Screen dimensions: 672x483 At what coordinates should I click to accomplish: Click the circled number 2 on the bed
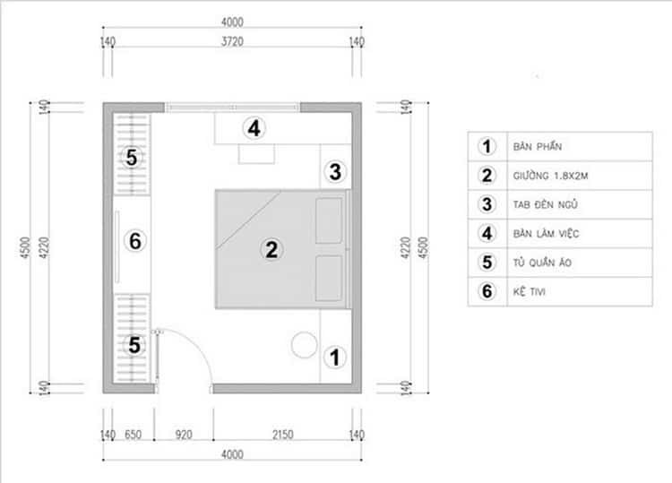[271, 250]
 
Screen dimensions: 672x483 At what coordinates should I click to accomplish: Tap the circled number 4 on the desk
[254, 128]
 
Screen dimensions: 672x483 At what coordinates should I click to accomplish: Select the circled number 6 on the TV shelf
[135, 241]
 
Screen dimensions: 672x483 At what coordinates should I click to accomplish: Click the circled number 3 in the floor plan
[335, 171]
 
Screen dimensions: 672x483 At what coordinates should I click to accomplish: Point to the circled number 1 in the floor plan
[335, 358]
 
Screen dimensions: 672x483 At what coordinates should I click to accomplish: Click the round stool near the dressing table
[305, 345]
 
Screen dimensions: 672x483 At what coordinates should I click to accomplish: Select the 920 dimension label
[184, 435]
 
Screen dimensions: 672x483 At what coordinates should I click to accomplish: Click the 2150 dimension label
[283, 435]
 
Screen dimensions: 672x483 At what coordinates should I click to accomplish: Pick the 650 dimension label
[133, 435]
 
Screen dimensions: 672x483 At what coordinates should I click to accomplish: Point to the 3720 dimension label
[232, 41]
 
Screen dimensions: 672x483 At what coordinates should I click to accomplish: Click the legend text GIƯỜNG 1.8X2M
[550, 176]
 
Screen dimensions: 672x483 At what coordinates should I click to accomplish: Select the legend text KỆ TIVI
[530, 291]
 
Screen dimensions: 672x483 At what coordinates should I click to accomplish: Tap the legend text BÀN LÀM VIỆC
[546, 234]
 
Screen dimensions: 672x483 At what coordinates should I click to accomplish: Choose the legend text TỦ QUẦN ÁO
[543, 263]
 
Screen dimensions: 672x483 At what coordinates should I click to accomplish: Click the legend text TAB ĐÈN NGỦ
[545, 204]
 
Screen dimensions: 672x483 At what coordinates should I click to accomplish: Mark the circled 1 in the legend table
[487, 147]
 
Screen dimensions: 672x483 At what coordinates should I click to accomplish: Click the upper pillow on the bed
[329, 220]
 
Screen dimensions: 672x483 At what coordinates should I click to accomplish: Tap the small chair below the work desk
[256, 154]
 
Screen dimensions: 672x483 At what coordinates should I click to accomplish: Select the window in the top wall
[232, 108]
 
